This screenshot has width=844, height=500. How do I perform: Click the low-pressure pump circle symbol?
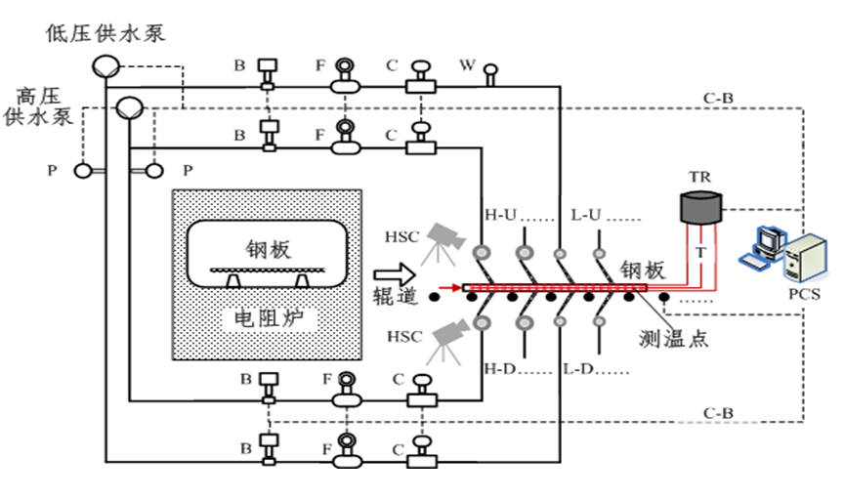coord(105,64)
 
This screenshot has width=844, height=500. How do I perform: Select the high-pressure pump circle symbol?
coord(128,107)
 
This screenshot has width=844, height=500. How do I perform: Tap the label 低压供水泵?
coord(105,32)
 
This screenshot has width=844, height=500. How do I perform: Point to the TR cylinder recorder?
coord(699,206)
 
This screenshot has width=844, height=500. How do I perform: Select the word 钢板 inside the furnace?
coord(267,249)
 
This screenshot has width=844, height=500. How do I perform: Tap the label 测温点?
coord(673,339)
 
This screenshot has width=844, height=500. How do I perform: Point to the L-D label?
coord(580,371)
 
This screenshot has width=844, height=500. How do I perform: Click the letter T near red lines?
coord(698,253)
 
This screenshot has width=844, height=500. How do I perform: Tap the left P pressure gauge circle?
coord(84,171)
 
